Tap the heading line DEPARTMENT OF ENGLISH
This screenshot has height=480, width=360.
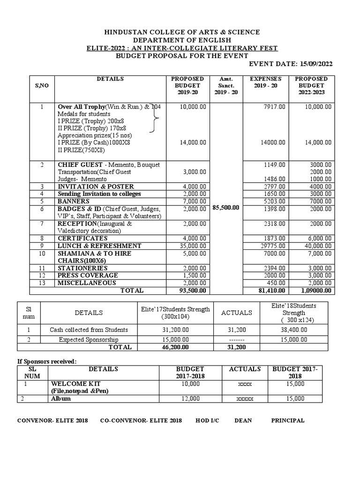(x=181, y=40)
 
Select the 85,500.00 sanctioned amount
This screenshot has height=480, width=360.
(x=226, y=208)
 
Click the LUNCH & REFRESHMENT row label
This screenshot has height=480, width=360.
(x=99, y=246)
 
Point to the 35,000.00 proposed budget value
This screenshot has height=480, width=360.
(x=193, y=246)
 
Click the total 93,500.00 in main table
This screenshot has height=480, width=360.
(x=193, y=291)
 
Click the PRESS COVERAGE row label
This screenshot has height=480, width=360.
(x=87, y=275)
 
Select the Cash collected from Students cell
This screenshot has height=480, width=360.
(x=89, y=330)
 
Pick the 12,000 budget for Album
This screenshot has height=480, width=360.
(x=188, y=398)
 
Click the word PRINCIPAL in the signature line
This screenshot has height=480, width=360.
(x=288, y=420)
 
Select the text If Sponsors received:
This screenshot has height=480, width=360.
(x=46, y=361)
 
